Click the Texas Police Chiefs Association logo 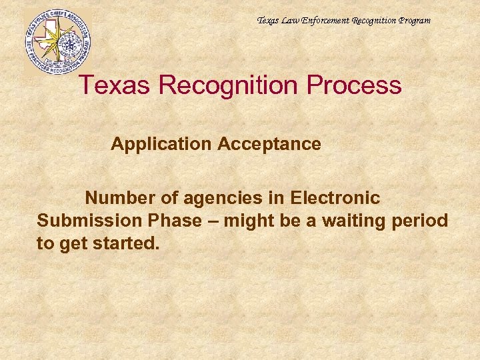coord(57,41)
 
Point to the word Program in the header coord(413,21)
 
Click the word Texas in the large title coord(113,85)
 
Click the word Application coord(155,144)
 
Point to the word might coord(248,221)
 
